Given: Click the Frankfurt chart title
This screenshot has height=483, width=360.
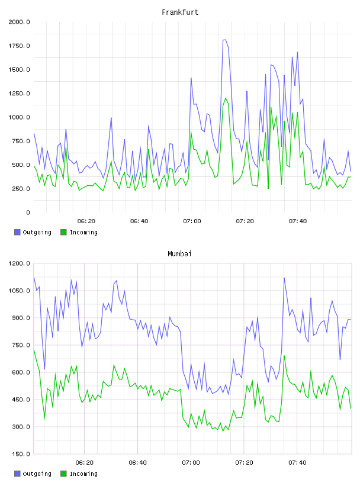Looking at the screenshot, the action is (x=180, y=12).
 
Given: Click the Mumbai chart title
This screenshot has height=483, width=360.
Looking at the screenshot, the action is (x=179, y=254).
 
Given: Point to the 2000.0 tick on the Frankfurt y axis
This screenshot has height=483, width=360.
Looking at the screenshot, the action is (x=19, y=22).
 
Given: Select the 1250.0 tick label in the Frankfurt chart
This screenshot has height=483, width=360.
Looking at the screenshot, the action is (x=19, y=94).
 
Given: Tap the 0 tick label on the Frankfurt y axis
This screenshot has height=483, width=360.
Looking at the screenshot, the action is (x=28, y=212).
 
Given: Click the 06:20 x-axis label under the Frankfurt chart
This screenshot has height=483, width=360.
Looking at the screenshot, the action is (x=86, y=221).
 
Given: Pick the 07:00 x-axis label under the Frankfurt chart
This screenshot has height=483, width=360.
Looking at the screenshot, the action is (x=192, y=221).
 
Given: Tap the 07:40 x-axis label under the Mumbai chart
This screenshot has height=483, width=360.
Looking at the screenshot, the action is (x=297, y=463).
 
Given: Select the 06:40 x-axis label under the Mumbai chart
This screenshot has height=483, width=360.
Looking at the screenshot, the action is (x=138, y=463).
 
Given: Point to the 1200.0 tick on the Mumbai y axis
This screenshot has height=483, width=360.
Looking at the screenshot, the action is (x=19, y=263).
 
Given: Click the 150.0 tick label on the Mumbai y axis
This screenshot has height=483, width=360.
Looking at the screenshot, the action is (x=20, y=454).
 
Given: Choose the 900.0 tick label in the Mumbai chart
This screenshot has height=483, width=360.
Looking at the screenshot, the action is (x=20, y=318).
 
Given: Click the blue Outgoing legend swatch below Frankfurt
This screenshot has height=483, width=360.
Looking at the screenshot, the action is (x=17, y=232).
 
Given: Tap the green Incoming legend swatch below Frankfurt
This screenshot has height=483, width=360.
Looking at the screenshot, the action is (x=63, y=232).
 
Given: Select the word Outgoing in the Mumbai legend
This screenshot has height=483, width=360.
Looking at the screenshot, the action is (x=37, y=474).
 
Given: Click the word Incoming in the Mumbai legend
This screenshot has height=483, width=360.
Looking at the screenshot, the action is (x=83, y=474).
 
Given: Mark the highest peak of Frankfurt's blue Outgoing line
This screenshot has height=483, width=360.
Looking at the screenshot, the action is (x=224, y=40).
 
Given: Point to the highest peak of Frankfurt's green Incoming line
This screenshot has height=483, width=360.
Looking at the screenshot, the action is (x=226, y=98).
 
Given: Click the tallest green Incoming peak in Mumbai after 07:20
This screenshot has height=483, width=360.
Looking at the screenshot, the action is (x=284, y=356).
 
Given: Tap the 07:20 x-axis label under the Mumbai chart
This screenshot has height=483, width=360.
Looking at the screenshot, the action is (x=245, y=463).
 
